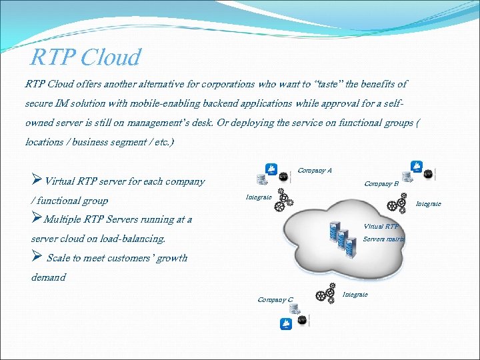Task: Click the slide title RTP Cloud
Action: pos(85,57)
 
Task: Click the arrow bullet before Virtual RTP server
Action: pos(37,181)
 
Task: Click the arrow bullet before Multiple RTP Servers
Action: pos(37,219)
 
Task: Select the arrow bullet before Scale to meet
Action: pos(37,257)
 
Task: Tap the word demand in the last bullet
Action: pos(49,277)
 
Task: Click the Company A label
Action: pos(314,171)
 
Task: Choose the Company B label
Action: pos(381,183)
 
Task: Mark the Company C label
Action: pos(275,300)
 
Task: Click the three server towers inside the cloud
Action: pos(339,235)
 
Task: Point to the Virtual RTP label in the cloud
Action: pos(381,226)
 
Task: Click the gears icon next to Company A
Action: pos(284,199)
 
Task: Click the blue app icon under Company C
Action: pos(286,325)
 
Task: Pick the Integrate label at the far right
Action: pos(429,204)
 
